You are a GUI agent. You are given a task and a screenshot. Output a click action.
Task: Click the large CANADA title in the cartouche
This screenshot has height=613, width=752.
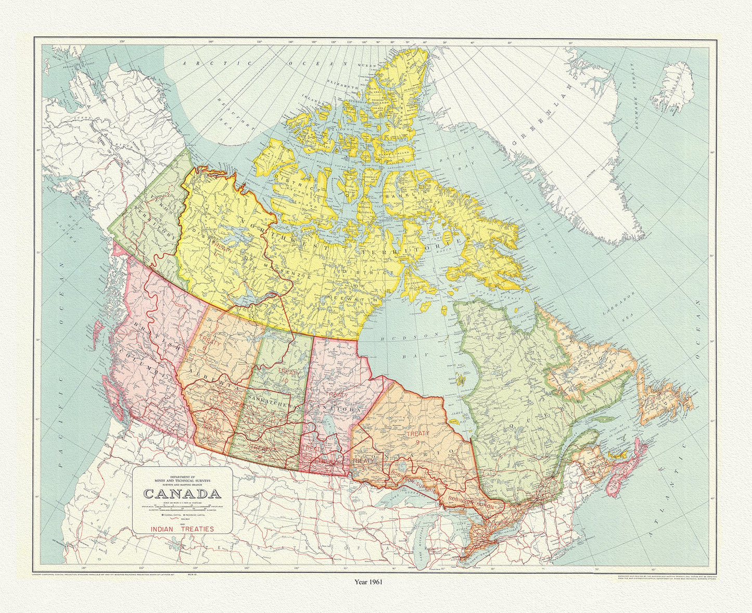181,493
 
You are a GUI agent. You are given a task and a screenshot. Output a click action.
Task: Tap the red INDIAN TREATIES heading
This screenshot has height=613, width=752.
182,529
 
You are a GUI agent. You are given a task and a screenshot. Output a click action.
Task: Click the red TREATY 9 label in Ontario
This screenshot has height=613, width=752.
417,438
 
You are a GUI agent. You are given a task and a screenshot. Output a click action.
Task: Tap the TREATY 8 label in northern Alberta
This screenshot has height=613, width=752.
211,343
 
